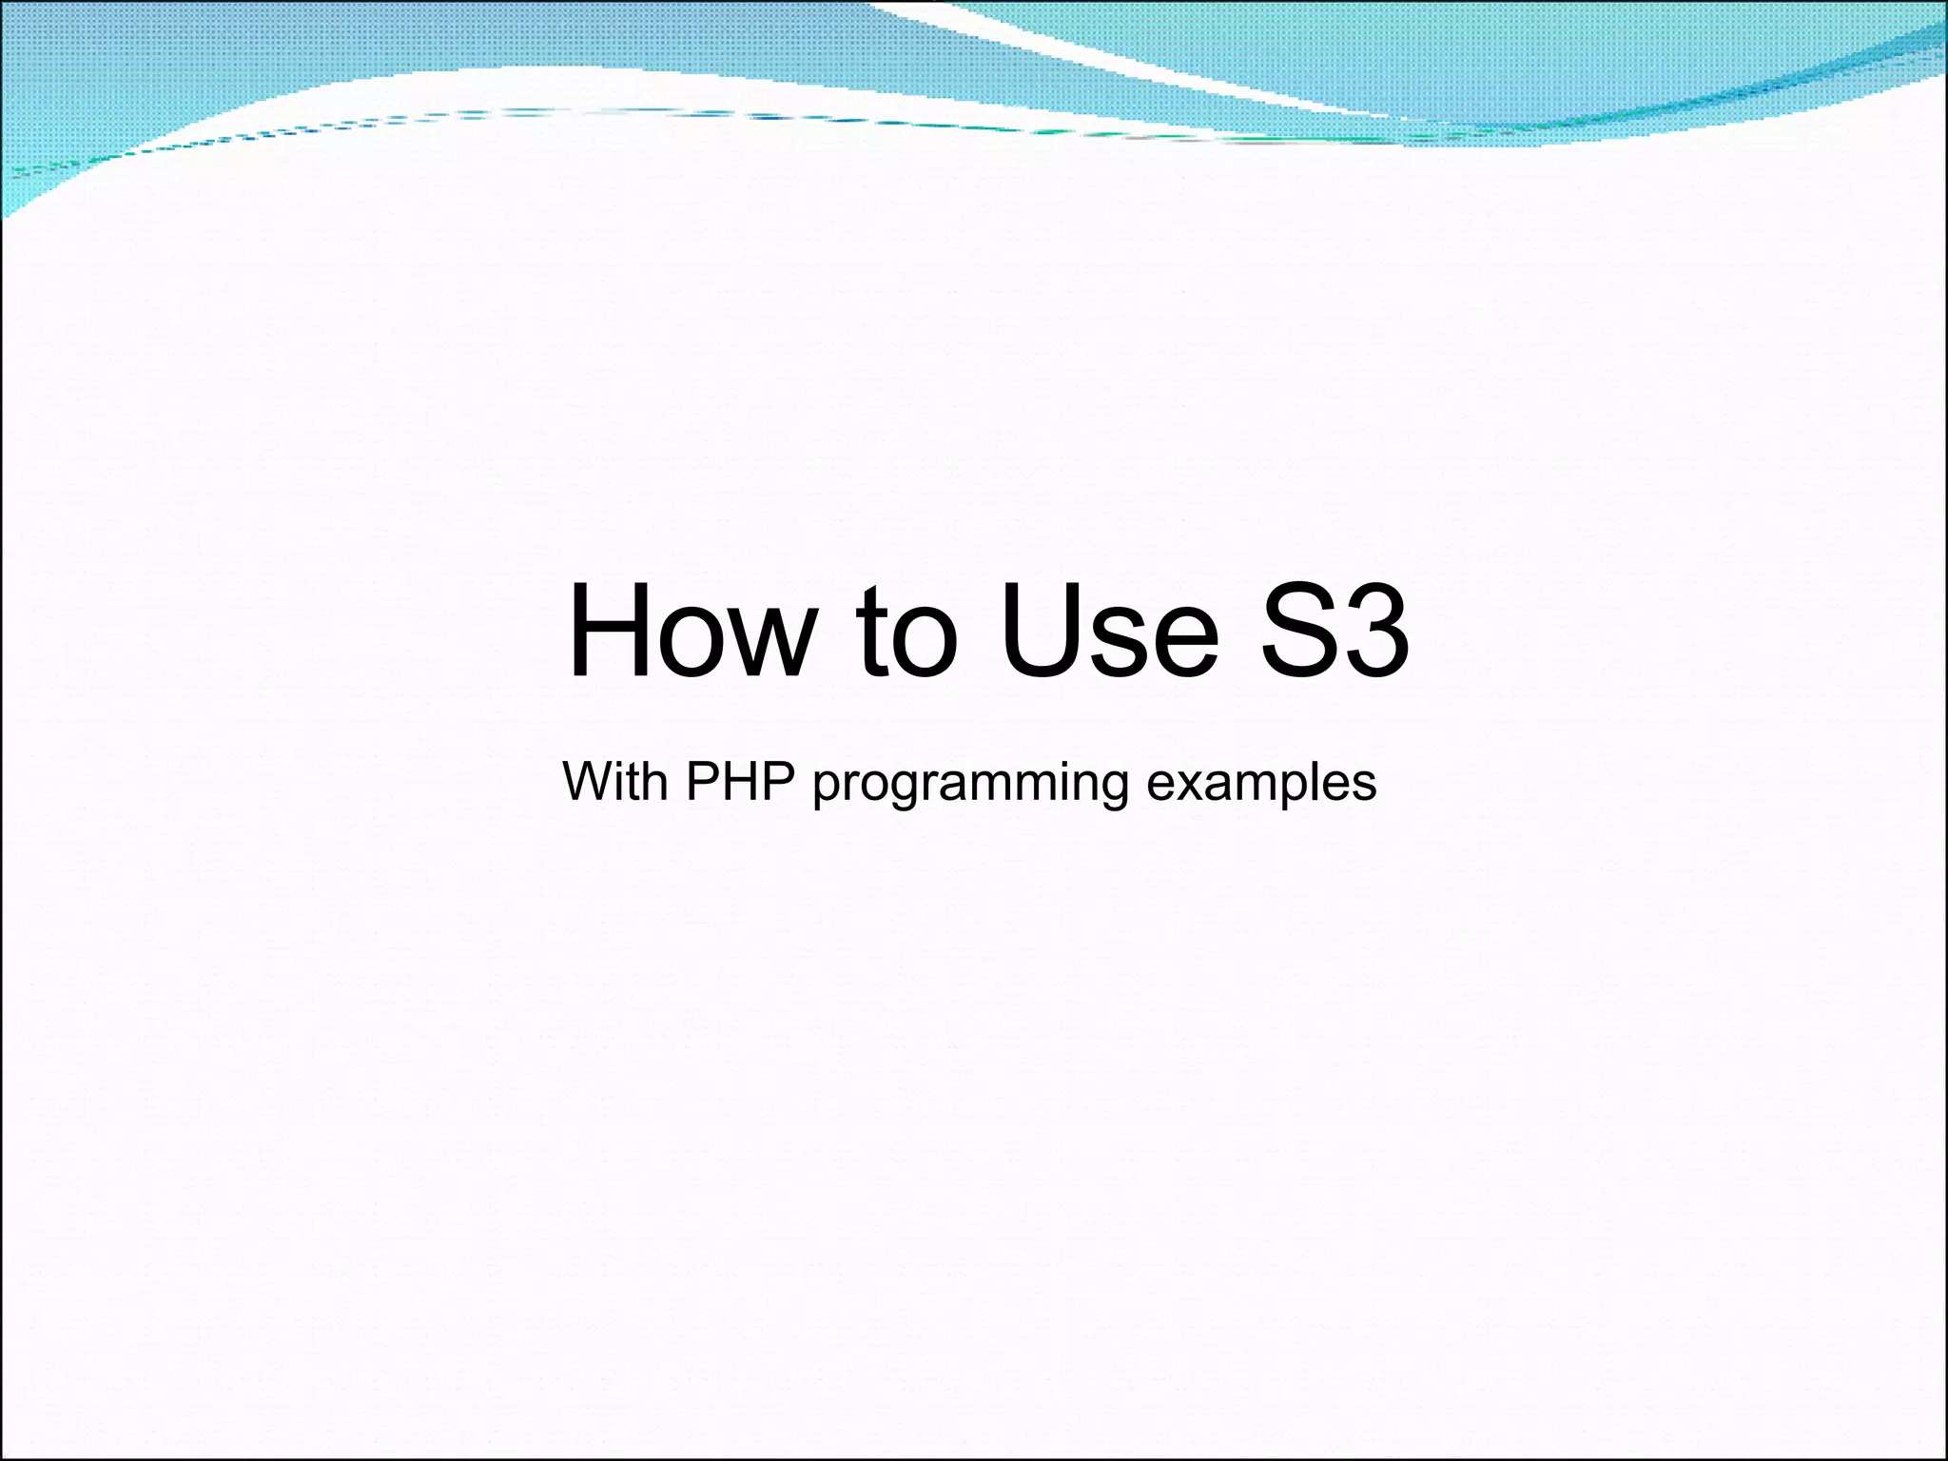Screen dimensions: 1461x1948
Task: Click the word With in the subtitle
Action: point(614,782)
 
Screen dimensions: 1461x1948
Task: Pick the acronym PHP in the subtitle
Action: point(740,782)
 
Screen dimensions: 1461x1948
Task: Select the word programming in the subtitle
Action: point(970,786)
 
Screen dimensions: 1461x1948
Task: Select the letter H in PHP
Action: point(740,782)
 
